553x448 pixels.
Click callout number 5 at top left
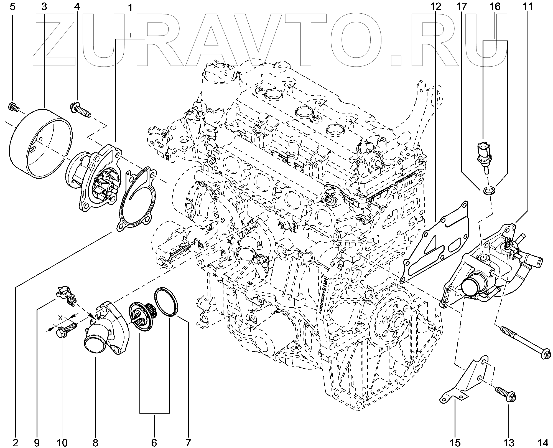click(12, 7)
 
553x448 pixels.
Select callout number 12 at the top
click(435, 7)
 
